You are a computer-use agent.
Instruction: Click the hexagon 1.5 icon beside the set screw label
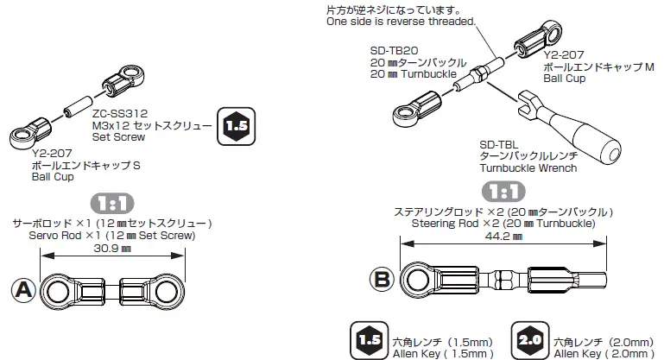pyautogui.click(x=236, y=126)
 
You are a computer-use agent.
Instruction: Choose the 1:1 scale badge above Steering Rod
pyautogui.click(x=504, y=191)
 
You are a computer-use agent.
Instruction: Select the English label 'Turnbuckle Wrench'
pyautogui.click(x=528, y=168)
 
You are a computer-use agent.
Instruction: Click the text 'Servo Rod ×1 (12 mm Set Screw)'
pyautogui.click(x=112, y=235)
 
